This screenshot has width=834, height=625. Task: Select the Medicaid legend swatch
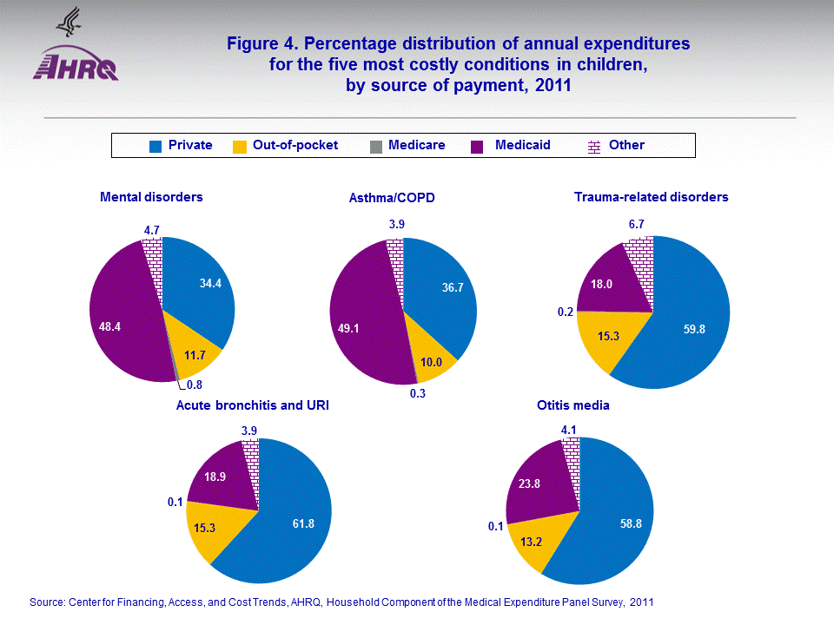click(x=477, y=146)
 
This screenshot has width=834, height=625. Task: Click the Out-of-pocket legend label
click(x=295, y=145)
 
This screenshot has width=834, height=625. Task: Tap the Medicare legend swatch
click(x=375, y=146)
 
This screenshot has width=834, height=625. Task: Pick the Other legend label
click(x=626, y=145)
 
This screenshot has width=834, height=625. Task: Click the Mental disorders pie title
click(x=151, y=197)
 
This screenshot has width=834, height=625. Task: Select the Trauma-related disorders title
click(x=651, y=197)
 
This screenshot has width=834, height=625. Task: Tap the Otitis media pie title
click(x=573, y=405)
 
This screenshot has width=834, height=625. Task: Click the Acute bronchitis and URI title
click(x=252, y=405)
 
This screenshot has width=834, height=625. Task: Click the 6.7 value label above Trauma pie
click(x=637, y=225)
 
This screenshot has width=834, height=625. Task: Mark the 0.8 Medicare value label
click(x=195, y=385)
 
